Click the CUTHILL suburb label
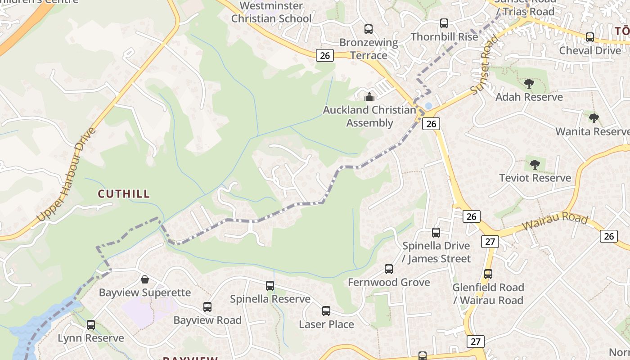point(124,194)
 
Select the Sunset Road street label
point(485,65)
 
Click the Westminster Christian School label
point(271,12)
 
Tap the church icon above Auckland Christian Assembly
point(369,96)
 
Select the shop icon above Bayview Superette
point(145,279)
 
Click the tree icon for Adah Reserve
point(529,84)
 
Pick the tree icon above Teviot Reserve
point(535,165)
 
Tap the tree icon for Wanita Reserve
point(594,118)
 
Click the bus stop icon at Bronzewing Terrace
point(369,29)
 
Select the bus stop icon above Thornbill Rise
point(444,23)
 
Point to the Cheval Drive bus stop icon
point(590,37)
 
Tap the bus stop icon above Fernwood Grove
point(389,269)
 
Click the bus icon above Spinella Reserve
point(270,286)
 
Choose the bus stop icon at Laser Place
point(326,311)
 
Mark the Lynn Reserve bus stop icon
point(91,325)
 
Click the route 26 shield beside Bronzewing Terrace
point(325,55)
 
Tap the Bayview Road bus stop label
point(207,320)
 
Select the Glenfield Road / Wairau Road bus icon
point(488,274)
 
